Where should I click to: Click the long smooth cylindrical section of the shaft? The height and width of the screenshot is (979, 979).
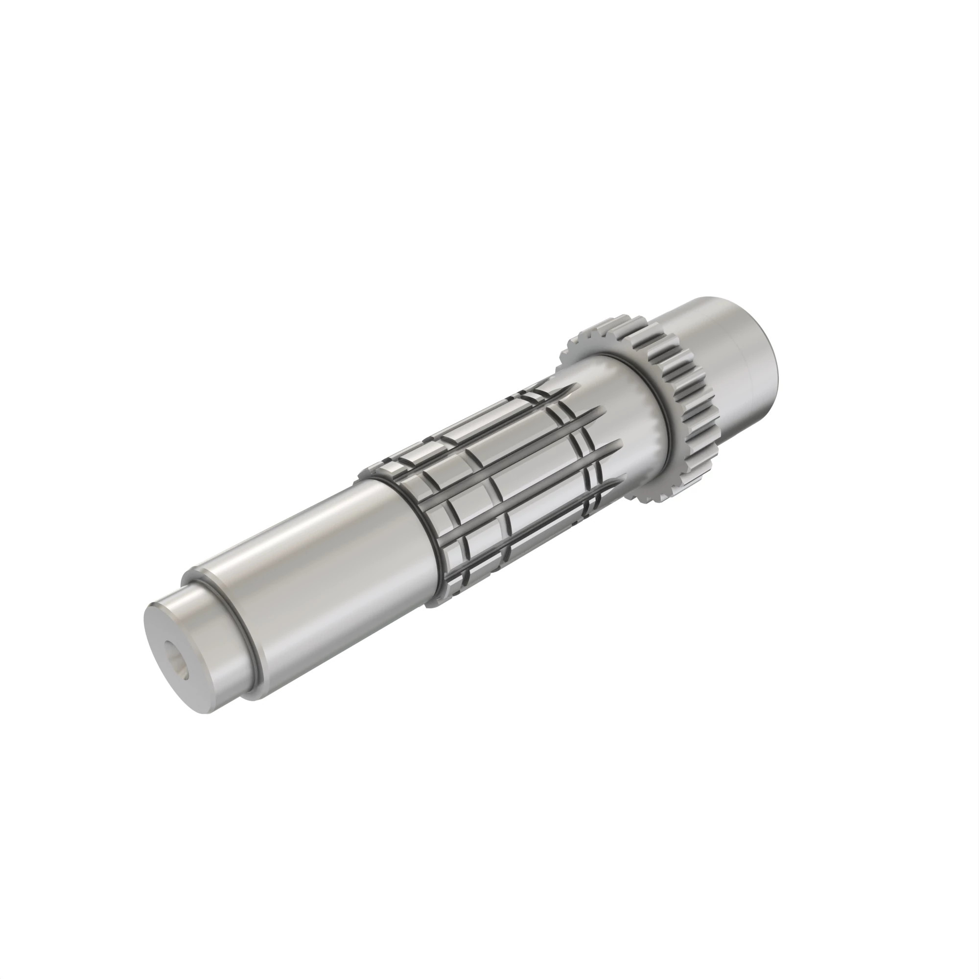tap(325, 567)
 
